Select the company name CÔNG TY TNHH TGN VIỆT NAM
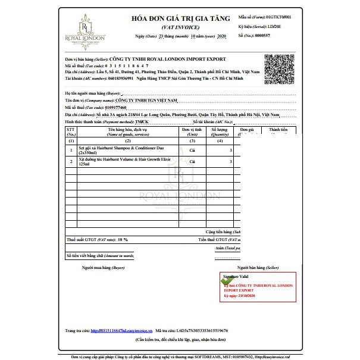click(140, 101)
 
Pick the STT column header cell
click(71, 131)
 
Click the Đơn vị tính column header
click(193, 131)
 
